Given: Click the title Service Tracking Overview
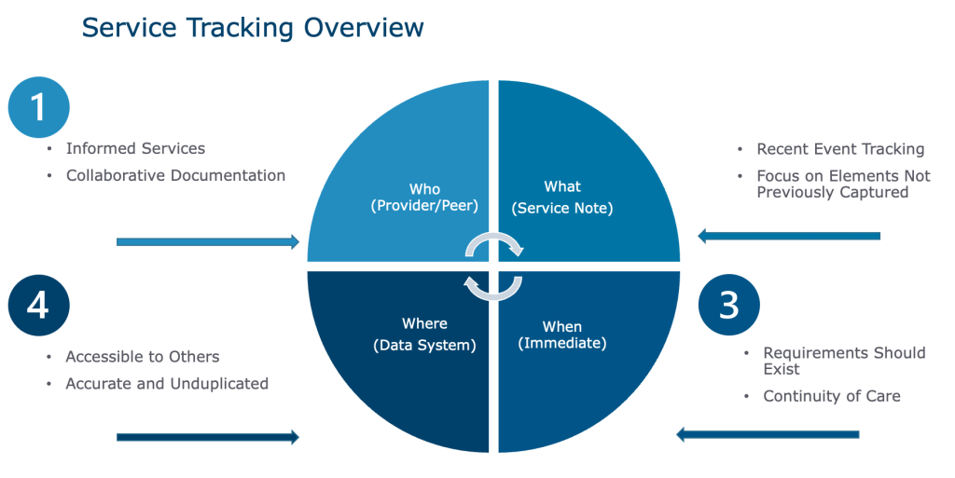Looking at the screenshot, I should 253,28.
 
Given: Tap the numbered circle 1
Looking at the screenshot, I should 38,107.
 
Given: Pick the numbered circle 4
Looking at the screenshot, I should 37,305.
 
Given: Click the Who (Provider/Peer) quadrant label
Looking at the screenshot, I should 424,198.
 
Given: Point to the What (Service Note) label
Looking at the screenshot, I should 562,198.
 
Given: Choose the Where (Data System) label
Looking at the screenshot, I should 424,335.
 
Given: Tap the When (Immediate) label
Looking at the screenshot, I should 562,335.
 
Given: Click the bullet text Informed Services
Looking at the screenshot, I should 135,149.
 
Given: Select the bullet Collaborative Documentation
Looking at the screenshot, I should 175,175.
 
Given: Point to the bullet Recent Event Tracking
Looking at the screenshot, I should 840,149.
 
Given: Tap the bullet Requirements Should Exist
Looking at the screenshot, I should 844,361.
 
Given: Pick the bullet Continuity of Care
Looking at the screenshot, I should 832,397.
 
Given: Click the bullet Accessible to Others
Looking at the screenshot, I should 143,357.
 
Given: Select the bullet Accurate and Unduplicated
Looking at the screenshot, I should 167,383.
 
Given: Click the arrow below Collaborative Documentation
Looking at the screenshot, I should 208,242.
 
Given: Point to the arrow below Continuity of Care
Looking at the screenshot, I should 768,434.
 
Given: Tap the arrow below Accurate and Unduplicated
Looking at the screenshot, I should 208,436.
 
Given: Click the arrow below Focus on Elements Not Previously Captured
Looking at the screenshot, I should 789,237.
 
